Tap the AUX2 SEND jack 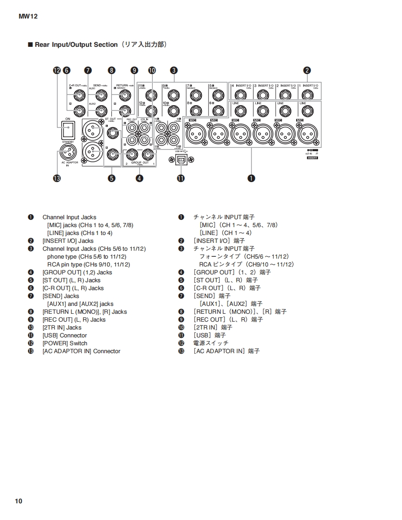click(100, 111)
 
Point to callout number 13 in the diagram click(57, 178)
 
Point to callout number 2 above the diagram click(307, 70)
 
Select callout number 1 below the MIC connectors click(251, 178)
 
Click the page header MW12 click(28, 16)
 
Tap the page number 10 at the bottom click(19, 501)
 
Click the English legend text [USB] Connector click(65, 336)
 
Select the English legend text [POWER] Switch click(65, 343)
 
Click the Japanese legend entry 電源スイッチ click(211, 343)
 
